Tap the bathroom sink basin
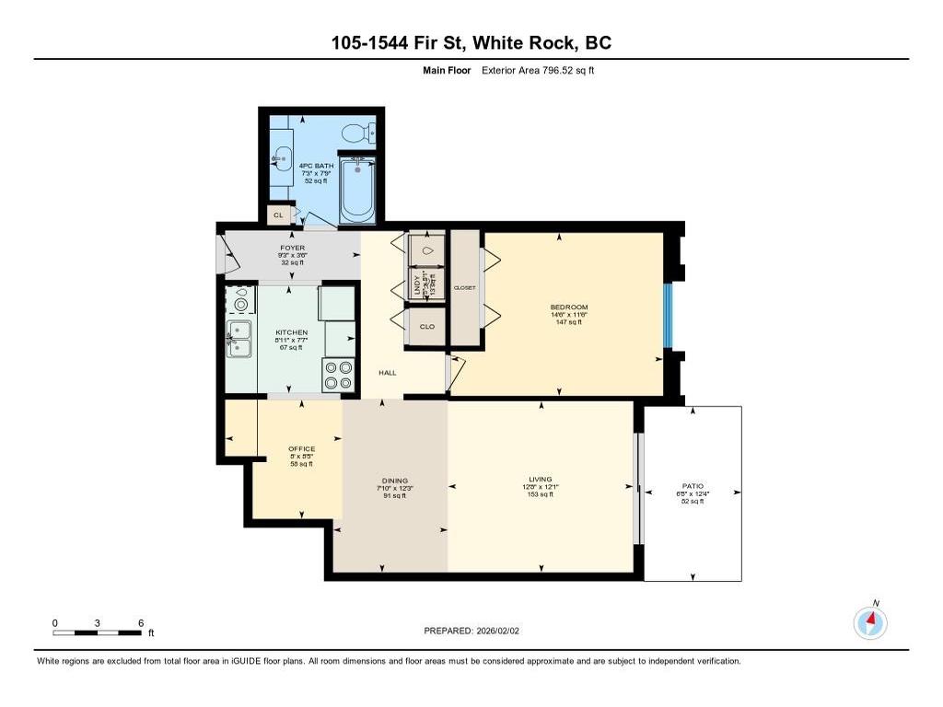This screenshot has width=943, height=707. (x=282, y=157)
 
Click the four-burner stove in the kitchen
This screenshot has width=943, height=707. (x=338, y=375)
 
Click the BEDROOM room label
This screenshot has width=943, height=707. (x=569, y=307)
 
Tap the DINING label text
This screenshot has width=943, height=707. (x=394, y=480)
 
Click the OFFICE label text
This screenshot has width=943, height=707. (x=301, y=449)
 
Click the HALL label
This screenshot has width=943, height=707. (x=388, y=373)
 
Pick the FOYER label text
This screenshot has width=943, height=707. (x=293, y=248)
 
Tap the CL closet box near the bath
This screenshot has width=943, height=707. (x=278, y=214)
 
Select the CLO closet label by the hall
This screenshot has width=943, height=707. (x=427, y=327)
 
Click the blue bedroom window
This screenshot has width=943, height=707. (x=669, y=316)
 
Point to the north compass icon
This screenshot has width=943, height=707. (x=870, y=623)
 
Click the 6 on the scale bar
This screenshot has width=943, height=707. (x=140, y=623)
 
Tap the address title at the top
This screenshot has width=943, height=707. (x=471, y=42)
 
